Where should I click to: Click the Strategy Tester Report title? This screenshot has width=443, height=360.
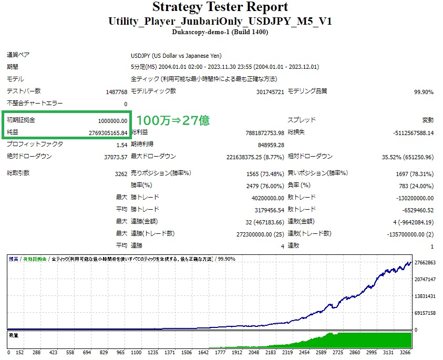point(220,7)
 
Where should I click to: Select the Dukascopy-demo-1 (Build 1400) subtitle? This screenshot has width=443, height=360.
point(220,32)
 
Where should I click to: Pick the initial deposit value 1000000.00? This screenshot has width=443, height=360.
point(112,120)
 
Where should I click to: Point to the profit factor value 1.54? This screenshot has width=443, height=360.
point(121,145)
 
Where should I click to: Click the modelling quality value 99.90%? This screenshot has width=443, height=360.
point(424,92)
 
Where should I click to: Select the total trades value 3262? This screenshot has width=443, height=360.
point(120,173)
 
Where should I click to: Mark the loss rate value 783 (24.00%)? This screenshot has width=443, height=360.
point(415,186)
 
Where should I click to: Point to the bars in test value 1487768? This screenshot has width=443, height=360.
point(116,92)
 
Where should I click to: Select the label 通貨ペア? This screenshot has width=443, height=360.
point(17,56)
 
